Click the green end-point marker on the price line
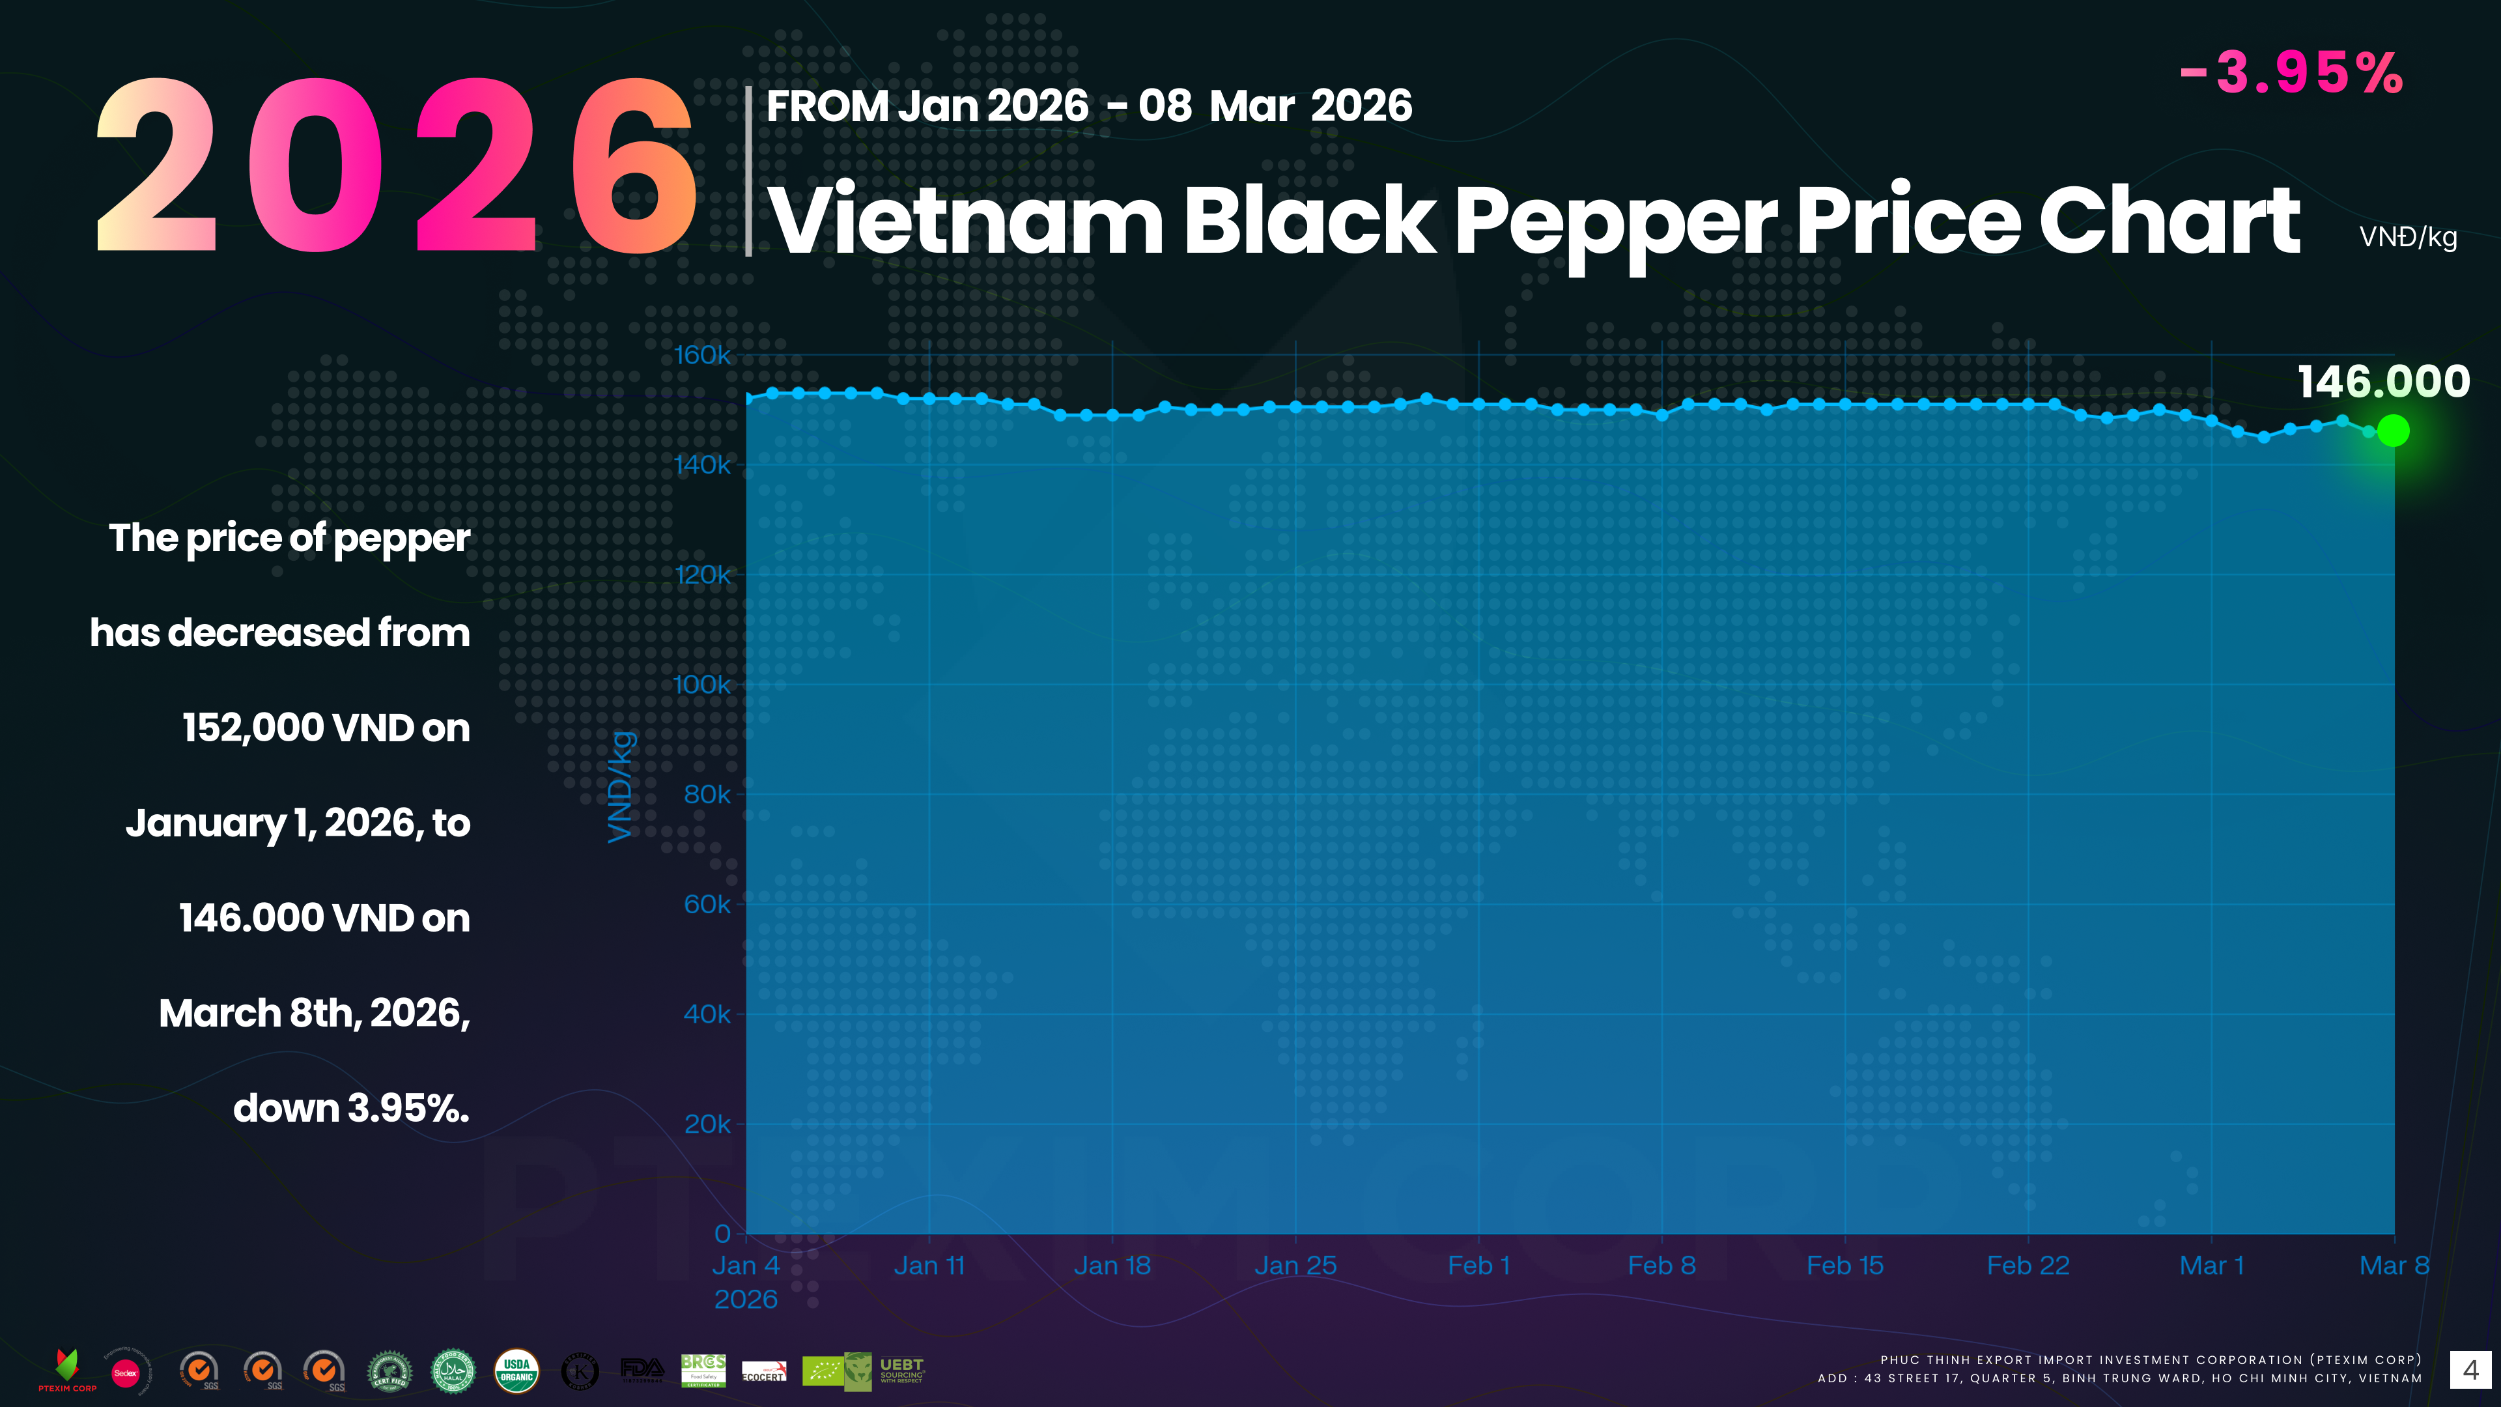[x=2394, y=430]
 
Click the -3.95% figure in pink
[x=2291, y=73]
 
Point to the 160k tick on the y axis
[x=702, y=356]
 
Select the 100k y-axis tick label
[x=702, y=685]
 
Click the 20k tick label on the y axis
[x=707, y=1124]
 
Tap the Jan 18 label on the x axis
[x=1112, y=1265]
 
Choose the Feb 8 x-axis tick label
[x=1661, y=1265]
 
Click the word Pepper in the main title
[x=1615, y=221]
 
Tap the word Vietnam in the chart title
[x=965, y=221]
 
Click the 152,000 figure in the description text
[x=255, y=728]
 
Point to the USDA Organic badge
[x=516, y=1370]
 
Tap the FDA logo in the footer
[x=642, y=1369]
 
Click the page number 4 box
[x=2470, y=1370]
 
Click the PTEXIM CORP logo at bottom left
[x=67, y=1370]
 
